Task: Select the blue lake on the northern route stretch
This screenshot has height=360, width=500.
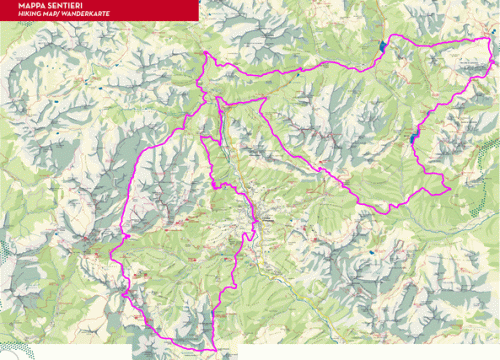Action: pyautogui.click(x=382, y=46)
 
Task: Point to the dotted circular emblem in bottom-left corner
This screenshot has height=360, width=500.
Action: pyautogui.click(x=24, y=352)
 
